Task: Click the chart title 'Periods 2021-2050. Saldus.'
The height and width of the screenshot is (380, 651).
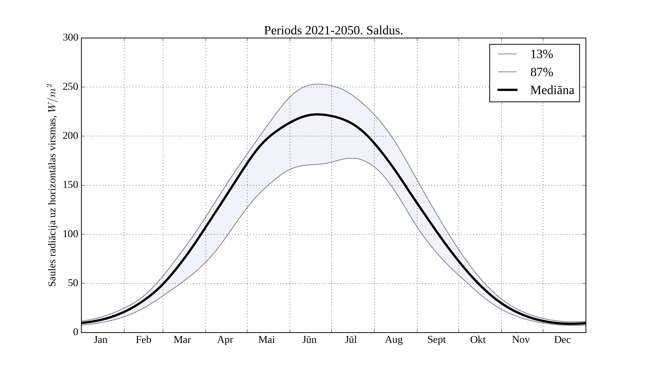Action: (333, 31)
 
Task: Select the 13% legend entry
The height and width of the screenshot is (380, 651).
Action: (541, 54)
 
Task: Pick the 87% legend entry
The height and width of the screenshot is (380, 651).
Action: (541, 72)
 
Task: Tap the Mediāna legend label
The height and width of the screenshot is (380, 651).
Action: (552, 90)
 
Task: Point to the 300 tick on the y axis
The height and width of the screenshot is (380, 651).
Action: (71, 38)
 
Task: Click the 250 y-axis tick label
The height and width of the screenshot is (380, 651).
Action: (71, 87)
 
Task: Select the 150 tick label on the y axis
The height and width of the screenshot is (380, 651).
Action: (71, 185)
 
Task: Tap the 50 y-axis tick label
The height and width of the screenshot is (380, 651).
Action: (73, 283)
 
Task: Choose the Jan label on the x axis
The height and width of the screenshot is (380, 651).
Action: (101, 340)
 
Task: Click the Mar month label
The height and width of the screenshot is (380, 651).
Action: (182, 340)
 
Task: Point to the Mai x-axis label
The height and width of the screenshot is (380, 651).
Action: (266, 340)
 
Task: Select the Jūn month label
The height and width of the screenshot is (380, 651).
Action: (309, 340)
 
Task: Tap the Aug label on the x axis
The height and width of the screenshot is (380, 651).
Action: (394, 340)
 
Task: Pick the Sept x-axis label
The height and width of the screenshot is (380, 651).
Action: (437, 340)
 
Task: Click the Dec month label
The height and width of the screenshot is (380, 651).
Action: (562, 340)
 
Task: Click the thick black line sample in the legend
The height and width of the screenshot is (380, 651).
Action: (507, 90)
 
